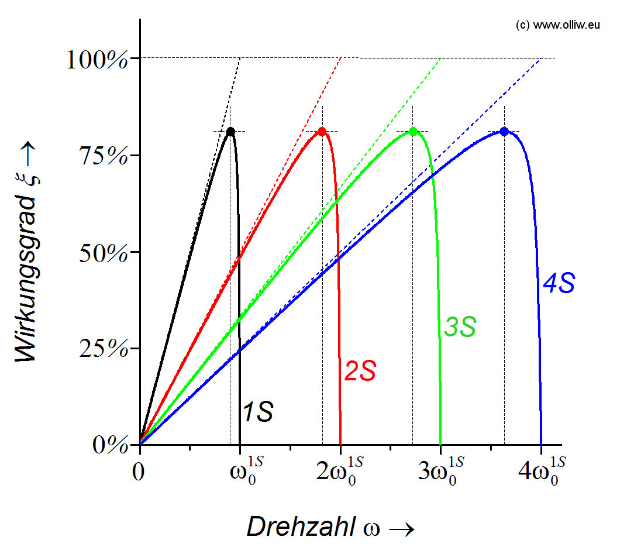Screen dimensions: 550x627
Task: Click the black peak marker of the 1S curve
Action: click(230, 132)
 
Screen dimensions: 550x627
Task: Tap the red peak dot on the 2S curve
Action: click(322, 132)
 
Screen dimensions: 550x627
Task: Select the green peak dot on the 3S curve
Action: click(413, 132)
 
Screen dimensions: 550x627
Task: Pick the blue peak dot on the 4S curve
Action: click(504, 132)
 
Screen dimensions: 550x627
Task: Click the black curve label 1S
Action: click(257, 412)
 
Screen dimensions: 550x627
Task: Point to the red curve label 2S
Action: click(360, 372)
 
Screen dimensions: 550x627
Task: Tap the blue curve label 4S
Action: click(559, 284)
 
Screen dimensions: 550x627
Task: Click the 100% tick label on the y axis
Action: click(97, 60)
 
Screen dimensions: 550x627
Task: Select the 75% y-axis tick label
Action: click(103, 156)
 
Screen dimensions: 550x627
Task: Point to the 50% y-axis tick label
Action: click(103, 253)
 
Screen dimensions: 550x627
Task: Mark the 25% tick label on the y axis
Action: click(103, 349)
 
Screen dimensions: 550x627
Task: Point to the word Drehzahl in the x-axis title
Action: click(299, 527)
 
